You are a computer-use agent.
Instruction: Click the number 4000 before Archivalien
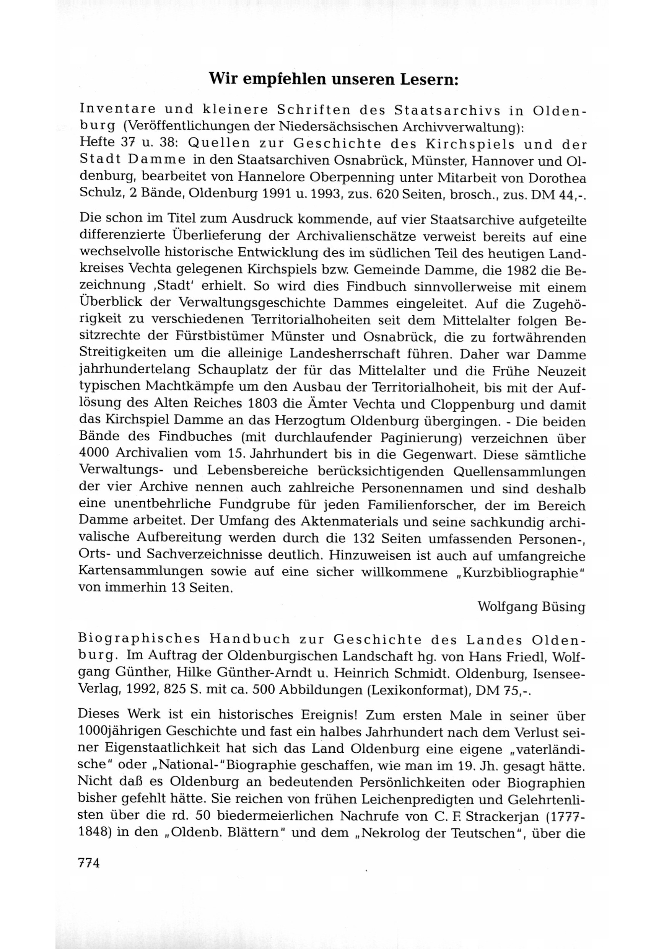coord(94,453)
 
